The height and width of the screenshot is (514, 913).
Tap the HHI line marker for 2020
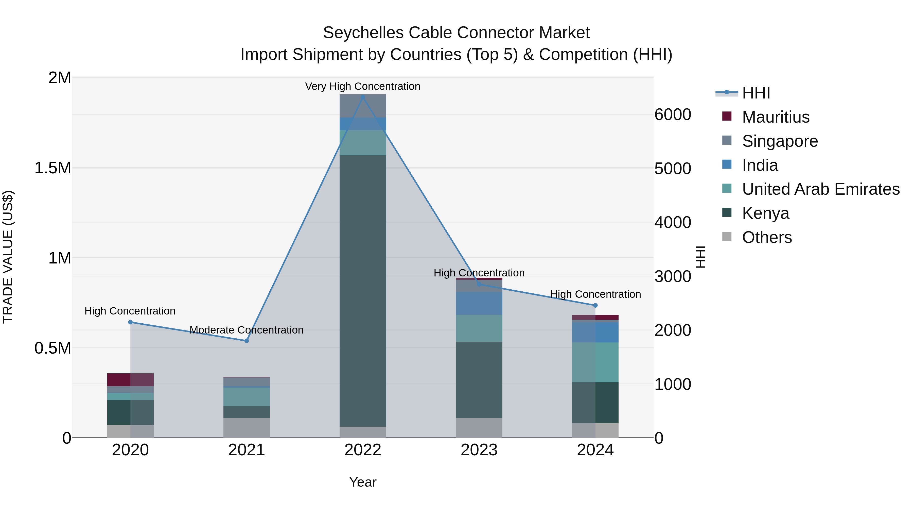pos(130,322)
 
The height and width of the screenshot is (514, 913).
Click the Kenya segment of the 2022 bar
pos(363,291)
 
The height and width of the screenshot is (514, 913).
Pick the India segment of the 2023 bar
pos(479,303)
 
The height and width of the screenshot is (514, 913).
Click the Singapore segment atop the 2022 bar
pos(363,106)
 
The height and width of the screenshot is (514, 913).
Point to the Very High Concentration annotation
pos(363,86)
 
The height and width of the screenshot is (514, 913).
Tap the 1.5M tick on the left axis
pos(53,168)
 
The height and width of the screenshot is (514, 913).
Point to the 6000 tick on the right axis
pos(672,114)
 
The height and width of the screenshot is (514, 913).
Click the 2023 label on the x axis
pos(479,450)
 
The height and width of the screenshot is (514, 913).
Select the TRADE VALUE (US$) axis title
pos(8,257)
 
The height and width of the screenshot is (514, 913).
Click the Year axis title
pos(363,482)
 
